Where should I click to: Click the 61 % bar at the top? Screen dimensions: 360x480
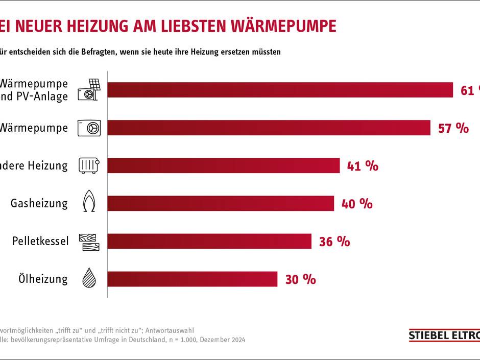[x=280, y=90]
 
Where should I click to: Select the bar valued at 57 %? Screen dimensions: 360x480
[x=269, y=128]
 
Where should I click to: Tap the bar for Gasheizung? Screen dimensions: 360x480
[x=221, y=203]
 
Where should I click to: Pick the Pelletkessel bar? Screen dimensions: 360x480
[x=209, y=241]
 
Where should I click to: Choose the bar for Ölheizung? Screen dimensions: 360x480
[x=193, y=279]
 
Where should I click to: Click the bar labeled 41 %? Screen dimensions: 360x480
[x=224, y=165]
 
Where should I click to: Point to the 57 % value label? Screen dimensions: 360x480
[x=453, y=128]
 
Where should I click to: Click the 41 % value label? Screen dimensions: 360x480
[x=363, y=166]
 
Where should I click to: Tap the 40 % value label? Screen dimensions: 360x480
[x=357, y=204]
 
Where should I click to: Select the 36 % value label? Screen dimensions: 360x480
[x=334, y=242]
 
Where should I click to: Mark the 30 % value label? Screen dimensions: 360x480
[x=300, y=279]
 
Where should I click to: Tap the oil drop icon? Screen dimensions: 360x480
[x=89, y=278]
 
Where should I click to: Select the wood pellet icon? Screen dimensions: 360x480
[x=89, y=241]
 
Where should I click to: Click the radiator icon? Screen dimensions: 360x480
[x=89, y=165]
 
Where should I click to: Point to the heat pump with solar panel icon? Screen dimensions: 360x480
[x=89, y=89]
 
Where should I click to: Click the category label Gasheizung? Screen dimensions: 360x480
[x=39, y=203]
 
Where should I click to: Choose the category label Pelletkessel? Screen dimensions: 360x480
[x=40, y=241]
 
